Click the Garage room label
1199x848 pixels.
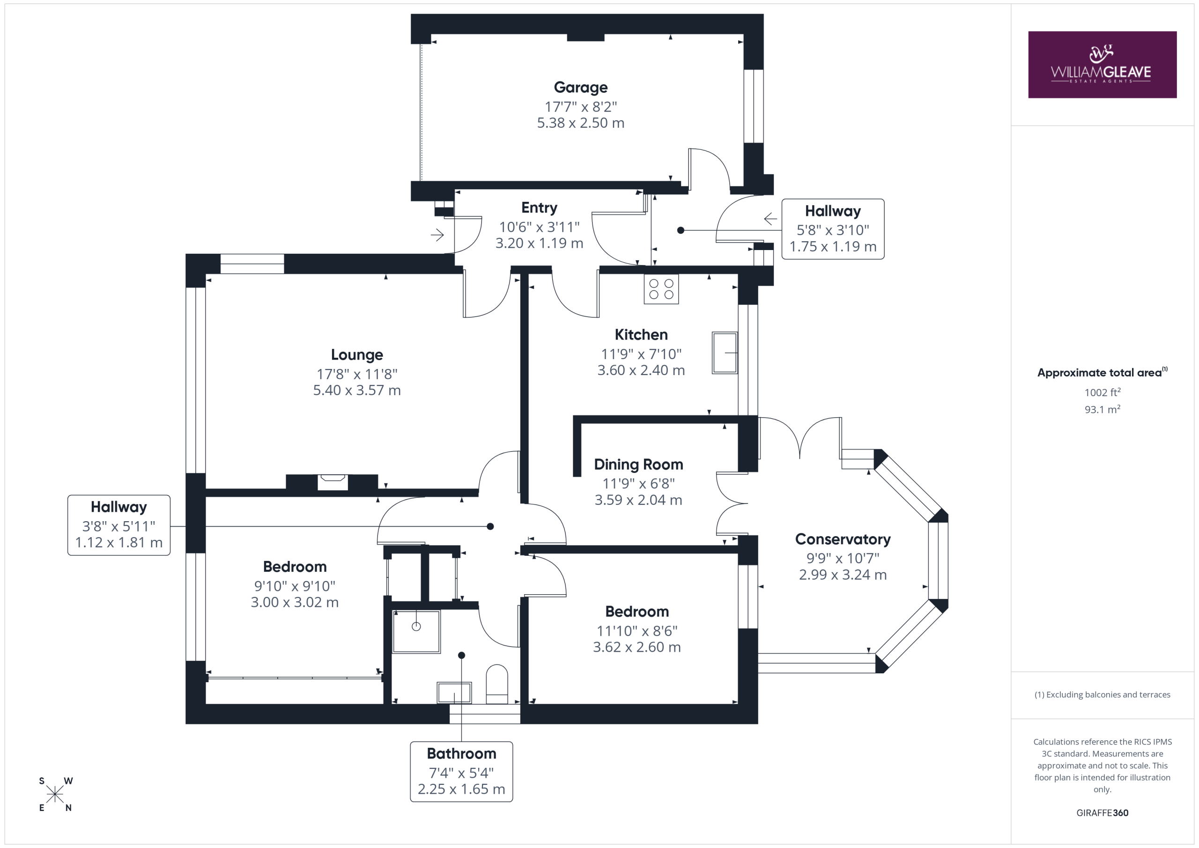pyautogui.click(x=580, y=87)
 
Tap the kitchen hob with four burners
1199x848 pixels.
pyautogui.click(x=661, y=289)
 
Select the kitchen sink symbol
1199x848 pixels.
pyautogui.click(x=725, y=353)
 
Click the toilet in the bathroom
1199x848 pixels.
pyautogui.click(x=496, y=684)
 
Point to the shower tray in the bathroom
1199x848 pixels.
pyautogui.click(x=416, y=631)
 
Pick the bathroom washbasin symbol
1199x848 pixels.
pyautogui.click(x=454, y=693)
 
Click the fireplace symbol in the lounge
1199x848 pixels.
pyautogui.click(x=333, y=481)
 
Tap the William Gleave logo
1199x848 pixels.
pyautogui.click(x=1103, y=65)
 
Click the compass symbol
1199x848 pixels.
pyautogui.click(x=55, y=794)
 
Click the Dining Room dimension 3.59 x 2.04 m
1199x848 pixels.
pyautogui.click(x=638, y=500)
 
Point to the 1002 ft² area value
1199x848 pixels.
pyautogui.click(x=1103, y=392)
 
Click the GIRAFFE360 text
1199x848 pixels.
pyautogui.click(x=1103, y=812)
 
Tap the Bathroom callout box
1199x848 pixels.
pyautogui.click(x=462, y=771)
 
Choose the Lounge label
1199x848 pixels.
pyautogui.click(x=357, y=354)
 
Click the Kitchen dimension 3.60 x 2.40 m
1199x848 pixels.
pyautogui.click(x=641, y=370)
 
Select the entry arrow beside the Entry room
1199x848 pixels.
pyautogui.click(x=437, y=235)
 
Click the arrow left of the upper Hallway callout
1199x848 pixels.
pyautogui.click(x=770, y=218)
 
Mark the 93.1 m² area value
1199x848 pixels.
pyautogui.click(x=1103, y=409)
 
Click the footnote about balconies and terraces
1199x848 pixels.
pyautogui.click(x=1103, y=694)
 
